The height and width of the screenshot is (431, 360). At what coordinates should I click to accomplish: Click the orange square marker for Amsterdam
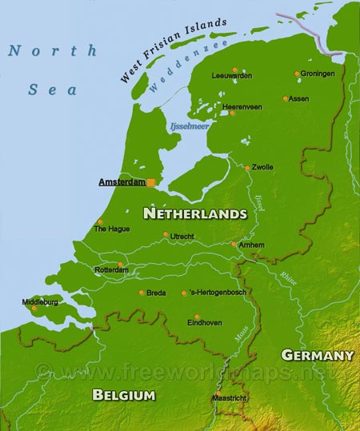(151, 182)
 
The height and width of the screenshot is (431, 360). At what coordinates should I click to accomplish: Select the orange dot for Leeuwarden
(234, 69)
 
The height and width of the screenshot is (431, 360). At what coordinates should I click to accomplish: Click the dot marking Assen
(285, 99)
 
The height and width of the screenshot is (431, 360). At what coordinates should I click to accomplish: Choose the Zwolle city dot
(247, 168)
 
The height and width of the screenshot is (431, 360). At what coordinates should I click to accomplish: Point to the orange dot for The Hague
(100, 221)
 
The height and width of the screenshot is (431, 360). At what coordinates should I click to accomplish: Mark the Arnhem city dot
(234, 245)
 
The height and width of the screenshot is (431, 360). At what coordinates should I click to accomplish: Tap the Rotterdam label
(110, 270)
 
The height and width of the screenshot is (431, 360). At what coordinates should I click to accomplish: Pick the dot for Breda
(142, 292)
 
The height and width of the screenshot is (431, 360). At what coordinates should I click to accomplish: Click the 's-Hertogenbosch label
(218, 293)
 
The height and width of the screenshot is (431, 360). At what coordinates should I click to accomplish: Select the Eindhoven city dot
(197, 316)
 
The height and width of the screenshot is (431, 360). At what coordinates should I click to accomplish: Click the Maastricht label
(229, 397)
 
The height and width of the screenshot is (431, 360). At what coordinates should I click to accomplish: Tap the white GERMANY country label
(318, 354)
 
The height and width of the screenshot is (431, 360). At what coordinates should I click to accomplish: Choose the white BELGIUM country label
(123, 394)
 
